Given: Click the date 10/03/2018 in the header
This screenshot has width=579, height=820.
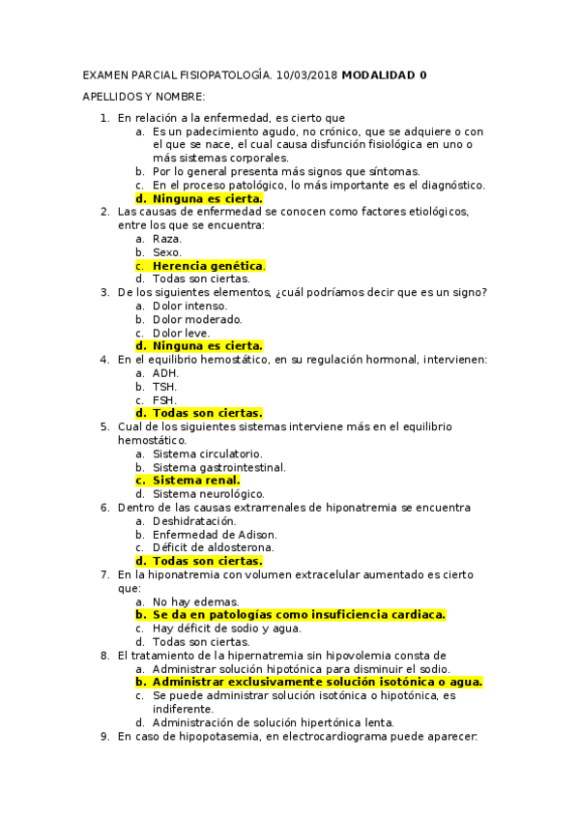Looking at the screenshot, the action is tap(306, 74).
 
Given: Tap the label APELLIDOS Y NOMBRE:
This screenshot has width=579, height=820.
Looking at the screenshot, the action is tap(144, 97).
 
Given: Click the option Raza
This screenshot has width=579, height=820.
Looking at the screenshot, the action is tap(167, 238).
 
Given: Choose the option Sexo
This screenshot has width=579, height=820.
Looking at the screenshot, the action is tap(167, 251).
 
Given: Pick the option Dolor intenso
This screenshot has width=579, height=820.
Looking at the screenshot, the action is tap(190, 306).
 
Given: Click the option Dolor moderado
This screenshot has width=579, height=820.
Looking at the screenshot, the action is tap(197, 319).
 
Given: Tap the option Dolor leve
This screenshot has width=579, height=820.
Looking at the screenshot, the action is tap(182, 333).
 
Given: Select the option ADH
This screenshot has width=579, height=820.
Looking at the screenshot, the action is tap(165, 372).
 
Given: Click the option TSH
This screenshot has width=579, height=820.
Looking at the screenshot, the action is tap(164, 386).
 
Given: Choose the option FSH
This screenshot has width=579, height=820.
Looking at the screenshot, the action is tap(164, 399).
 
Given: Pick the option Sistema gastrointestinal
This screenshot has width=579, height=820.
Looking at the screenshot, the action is tap(219, 467).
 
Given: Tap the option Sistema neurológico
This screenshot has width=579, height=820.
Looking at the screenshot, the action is tap(208, 493).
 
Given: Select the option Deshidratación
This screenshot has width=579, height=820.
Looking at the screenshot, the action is tap(194, 520).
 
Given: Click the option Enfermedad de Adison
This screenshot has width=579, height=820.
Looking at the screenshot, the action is tap(215, 534).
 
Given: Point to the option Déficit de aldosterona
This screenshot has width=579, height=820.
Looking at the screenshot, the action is tap(213, 547).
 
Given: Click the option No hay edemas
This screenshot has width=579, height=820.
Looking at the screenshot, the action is tap(196, 600).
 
